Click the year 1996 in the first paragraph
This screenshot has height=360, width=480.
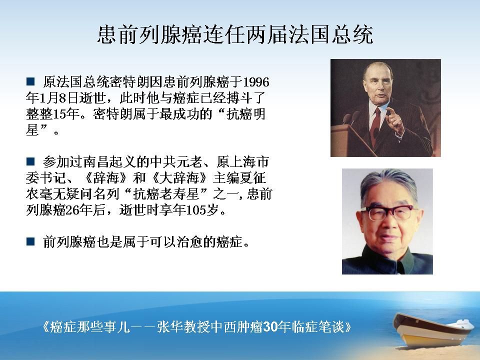(256, 82)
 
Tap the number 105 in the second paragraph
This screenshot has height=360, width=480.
(196, 210)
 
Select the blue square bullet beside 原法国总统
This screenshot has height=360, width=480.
(30, 81)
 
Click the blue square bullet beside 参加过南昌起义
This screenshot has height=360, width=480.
(30, 161)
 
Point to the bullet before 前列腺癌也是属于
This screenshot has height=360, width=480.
(30, 241)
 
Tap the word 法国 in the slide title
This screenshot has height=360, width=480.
(308, 34)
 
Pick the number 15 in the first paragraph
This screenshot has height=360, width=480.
(59, 114)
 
